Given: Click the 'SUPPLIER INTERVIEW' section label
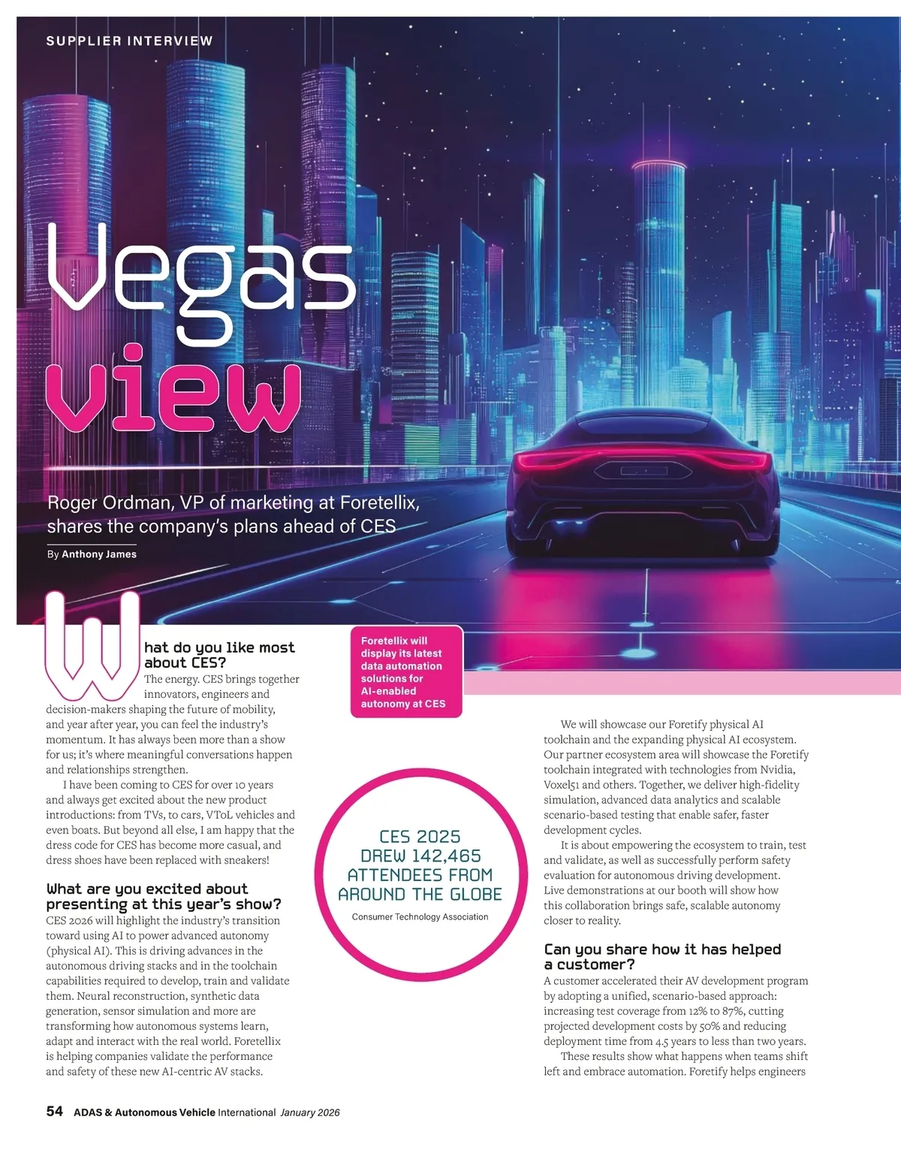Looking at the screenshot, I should point(129,41).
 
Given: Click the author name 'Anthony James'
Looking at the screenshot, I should point(99,554).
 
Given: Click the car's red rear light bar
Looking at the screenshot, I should point(643,460).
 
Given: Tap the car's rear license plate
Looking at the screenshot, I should point(643,470).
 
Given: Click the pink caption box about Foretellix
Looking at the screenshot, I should point(406,672).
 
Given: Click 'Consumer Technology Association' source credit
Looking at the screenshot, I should point(420,916).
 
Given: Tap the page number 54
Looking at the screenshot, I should point(55,1111).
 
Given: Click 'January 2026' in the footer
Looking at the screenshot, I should point(310,1112).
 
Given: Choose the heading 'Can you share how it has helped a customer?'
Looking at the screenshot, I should point(662,956).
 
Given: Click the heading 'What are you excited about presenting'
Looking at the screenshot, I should point(164,896).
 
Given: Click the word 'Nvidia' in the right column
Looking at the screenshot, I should point(778,769).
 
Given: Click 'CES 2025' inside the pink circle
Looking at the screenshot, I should point(420,837).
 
